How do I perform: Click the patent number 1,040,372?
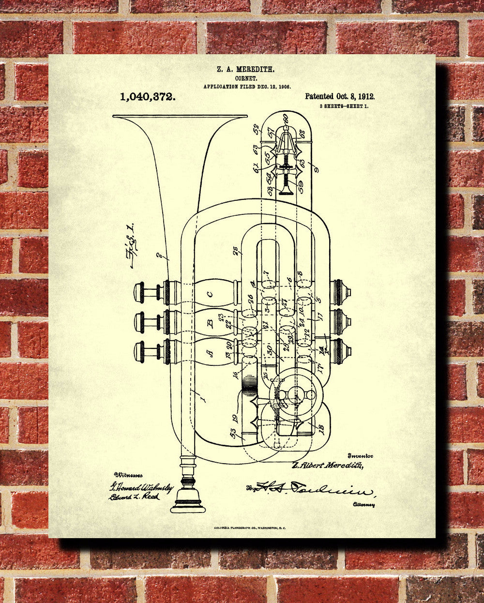coord(147,97)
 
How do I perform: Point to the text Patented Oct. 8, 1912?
coord(339,97)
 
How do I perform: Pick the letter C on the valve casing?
coord(209,294)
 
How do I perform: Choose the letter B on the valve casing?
coord(210,323)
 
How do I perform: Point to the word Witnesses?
coord(128,476)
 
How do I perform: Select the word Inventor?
coord(360,456)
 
